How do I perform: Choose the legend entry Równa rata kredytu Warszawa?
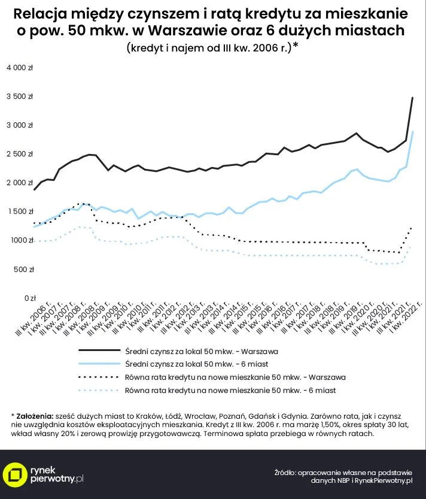click(236, 377)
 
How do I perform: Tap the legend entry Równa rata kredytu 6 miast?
click(230, 391)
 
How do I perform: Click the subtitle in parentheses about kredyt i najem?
click(212, 49)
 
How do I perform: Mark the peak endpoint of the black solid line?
click(413, 98)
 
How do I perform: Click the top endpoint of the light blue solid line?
click(413, 132)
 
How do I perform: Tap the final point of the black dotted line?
click(412, 226)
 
